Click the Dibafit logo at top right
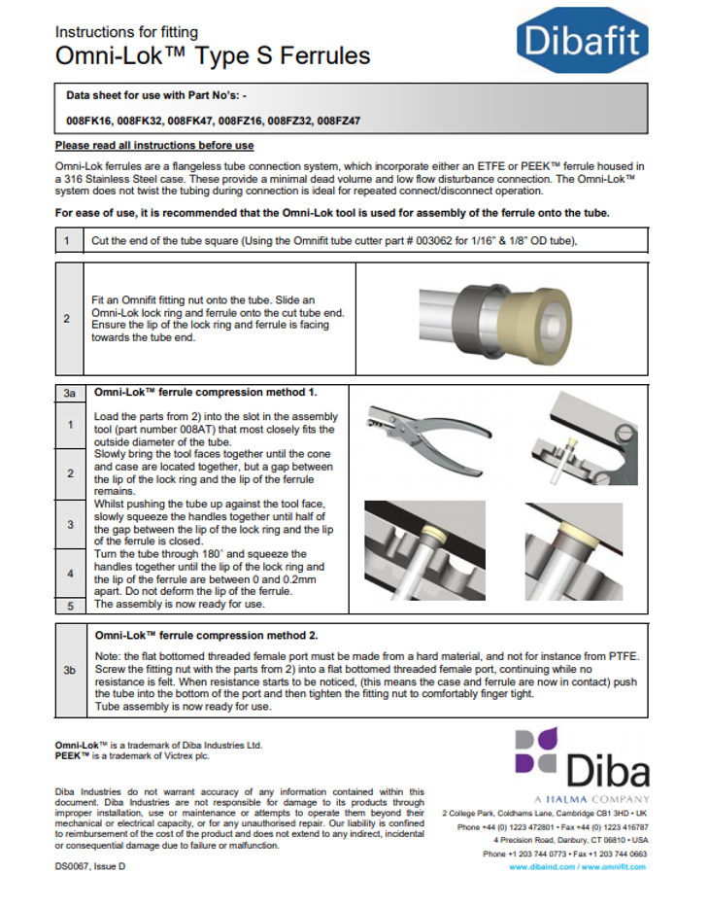(582, 40)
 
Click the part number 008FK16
(89, 122)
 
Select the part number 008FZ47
(338, 122)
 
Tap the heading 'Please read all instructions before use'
(154, 146)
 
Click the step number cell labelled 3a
(69, 393)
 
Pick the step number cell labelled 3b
(69, 670)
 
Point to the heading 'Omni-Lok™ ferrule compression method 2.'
(206, 635)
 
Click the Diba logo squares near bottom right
(535, 751)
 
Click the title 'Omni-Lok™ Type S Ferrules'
(213, 55)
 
